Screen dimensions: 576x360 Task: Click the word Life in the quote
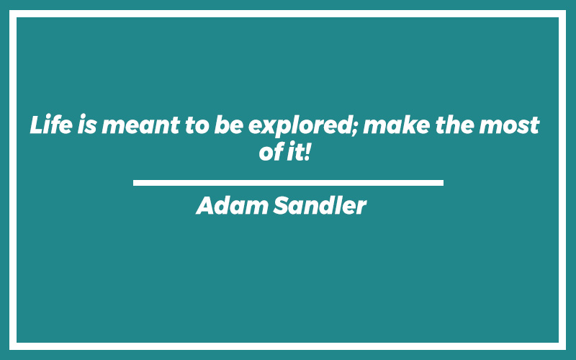51,124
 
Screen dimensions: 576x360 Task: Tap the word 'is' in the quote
87,124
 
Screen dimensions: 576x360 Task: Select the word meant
140,125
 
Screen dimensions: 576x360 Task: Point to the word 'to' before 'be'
197,125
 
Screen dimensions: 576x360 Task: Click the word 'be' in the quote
228,124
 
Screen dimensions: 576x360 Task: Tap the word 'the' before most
455,124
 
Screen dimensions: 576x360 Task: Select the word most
509,125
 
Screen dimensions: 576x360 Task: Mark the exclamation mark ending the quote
307,151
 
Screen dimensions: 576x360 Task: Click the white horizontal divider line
288,183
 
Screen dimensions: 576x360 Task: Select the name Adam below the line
232,205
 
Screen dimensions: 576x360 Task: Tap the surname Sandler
320,205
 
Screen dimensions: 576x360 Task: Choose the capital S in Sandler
282,205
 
